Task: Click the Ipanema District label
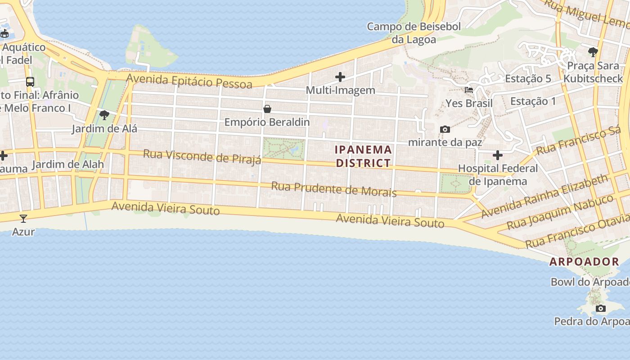[x=363, y=156]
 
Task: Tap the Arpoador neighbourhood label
[x=584, y=261]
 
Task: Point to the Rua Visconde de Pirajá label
[x=202, y=157]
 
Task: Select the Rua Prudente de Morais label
[x=333, y=189]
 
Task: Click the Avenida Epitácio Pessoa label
[x=189, y=81]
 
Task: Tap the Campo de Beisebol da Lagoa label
[x=414, y=33]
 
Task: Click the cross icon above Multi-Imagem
[x=340, y=77]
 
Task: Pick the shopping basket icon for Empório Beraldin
[x=267, y=109]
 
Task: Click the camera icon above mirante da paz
[x=445, y=130]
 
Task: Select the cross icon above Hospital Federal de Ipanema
[x=497, y=155]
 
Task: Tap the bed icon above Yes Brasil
[x=469, y=90]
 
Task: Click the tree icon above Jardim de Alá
[x=104, y=115]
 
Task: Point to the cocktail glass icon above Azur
[x=23, y=219]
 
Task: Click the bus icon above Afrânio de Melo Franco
[x=30, y=82]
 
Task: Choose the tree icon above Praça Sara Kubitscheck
[x=593, y=52]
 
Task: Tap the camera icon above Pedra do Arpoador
[x=600, y=308]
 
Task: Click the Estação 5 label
[x=528, y=79]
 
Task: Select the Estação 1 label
[x=533, y=101]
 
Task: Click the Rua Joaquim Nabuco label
[x=560, y=212]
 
